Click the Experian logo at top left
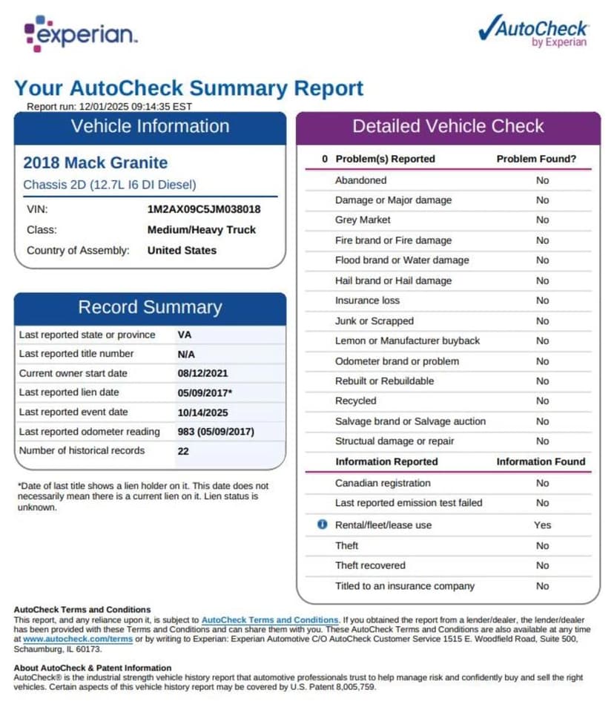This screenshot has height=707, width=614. pos(80,33)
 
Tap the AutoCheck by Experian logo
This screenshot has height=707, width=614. pos(533,30)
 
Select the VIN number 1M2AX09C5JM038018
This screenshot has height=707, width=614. pos(204,209)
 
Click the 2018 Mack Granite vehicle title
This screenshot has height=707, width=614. pos(96,162)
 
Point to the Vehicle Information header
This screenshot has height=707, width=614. pos(150,126)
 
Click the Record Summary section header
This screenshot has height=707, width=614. pos(150,307)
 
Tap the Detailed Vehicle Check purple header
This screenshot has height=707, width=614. pos(448,126)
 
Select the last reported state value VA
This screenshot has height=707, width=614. pos(185,335)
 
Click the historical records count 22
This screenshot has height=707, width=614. pos(183,450)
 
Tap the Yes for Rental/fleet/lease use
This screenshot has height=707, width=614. pos(542,525)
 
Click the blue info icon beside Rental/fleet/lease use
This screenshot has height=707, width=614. pos(322,525)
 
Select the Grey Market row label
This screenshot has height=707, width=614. pos(363,220)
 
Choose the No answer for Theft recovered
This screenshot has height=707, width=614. pos(542,565)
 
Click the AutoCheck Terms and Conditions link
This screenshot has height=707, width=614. pos(270,619)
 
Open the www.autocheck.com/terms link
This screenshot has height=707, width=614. pos(67,638)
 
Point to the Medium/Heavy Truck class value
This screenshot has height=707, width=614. pos(201,230)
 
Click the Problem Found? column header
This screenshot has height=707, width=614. pos(536,159)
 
